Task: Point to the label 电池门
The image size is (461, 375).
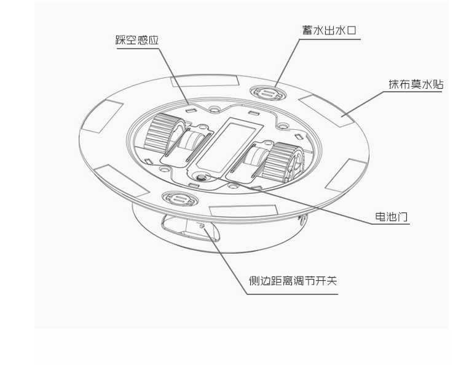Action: click(392, 217)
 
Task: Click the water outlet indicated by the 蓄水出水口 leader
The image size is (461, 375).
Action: click(268, 93)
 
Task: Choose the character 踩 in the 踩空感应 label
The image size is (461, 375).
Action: click(122, 41)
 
